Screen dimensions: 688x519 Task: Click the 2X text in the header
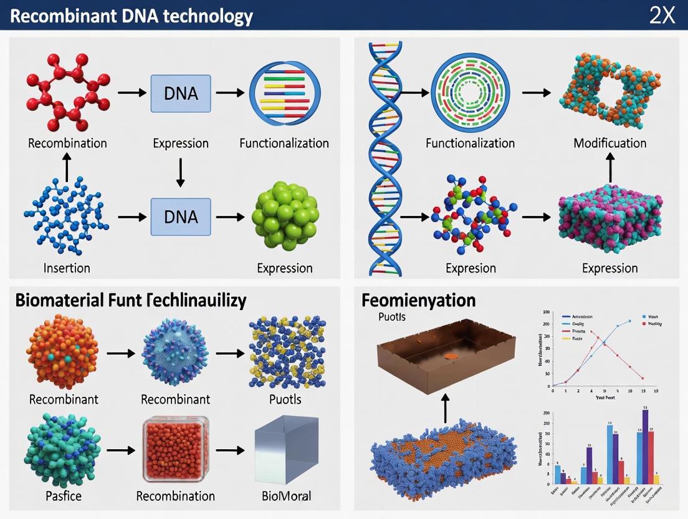(x=662, y=15)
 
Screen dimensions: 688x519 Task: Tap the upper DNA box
(x=181, y=93)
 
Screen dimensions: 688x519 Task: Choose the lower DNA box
(x=181, y=216)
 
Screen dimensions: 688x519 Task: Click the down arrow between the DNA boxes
(x=181, y=172)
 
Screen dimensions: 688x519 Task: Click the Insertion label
(x=67, y=268)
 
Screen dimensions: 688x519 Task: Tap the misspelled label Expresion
(x=471, y=268)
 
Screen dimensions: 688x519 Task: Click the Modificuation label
(x=609, y=143)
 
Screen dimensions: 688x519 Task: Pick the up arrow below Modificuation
(x=610, y=168)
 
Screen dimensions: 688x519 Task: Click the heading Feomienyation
(x=418, y=301)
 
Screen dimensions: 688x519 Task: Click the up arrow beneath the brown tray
(x=446, y=409)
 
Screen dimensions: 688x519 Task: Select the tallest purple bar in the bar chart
(x=645, y=446)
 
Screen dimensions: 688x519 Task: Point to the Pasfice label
(x=55, y=497)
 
